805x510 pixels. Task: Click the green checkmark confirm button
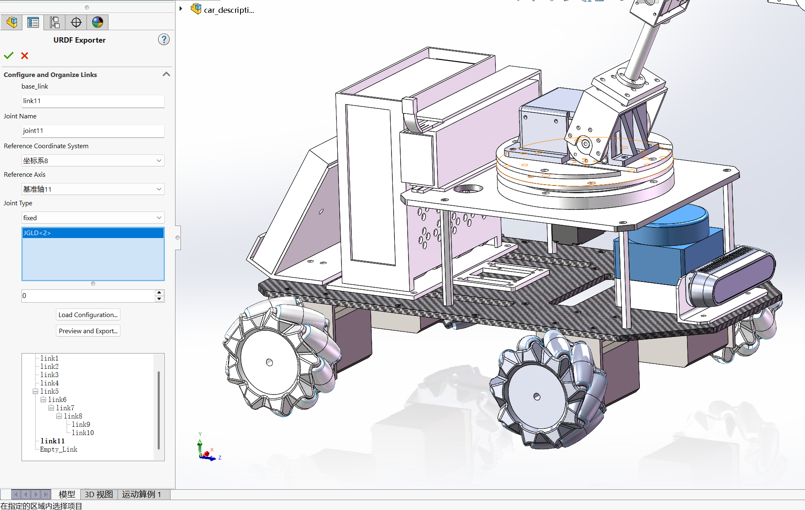click(x=9, y=55)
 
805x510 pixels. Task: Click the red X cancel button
click(x=25, y=55)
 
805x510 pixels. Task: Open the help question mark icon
click(x=164, y=40)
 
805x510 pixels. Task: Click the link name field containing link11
click(x=93, y=101)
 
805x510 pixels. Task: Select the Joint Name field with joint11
click(x=93, y=131)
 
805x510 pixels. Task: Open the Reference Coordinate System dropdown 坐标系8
click(x=93, y=161)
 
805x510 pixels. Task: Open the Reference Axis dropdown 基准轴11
click(x=93, y=189)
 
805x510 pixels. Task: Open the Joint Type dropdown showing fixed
click(x=93, y=218)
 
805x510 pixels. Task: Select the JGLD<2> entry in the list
click(x=93, y=233)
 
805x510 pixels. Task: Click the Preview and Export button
click(x=88, y=331)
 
